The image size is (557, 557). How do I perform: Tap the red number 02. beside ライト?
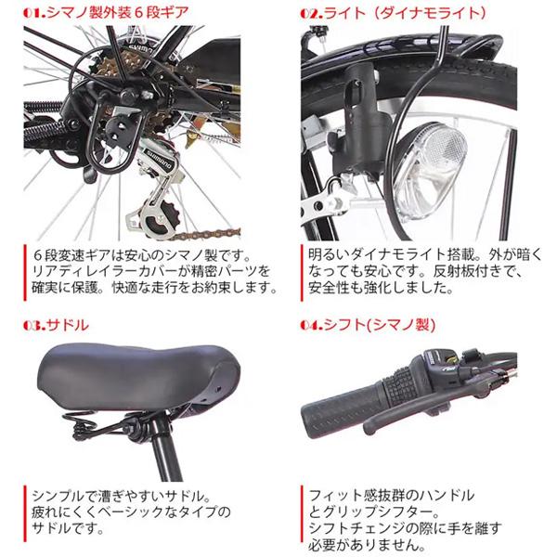coord(313,14)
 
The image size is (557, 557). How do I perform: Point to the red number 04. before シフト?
coord(313,326)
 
